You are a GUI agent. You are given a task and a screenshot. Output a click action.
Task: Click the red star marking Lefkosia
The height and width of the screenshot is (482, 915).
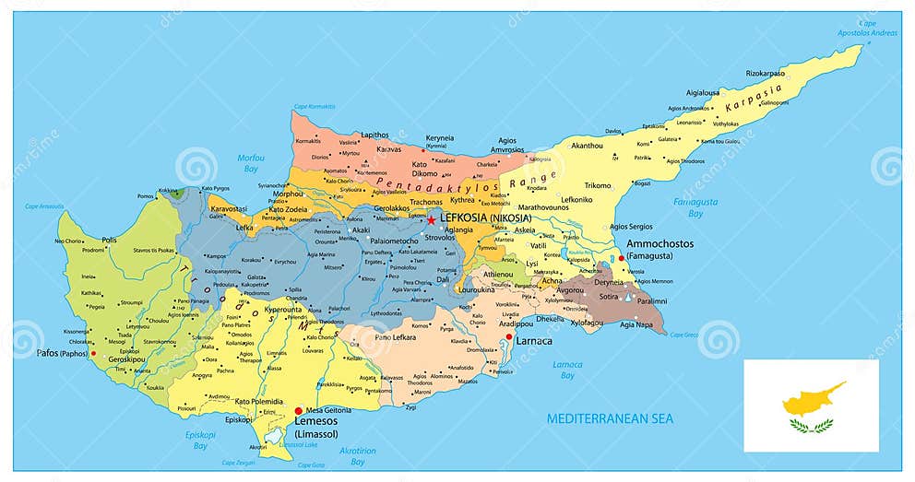coord(431,219)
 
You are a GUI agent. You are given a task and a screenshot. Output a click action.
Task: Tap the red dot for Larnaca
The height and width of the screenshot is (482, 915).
coord(508,339)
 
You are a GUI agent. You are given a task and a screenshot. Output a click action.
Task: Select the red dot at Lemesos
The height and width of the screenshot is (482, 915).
coord(297,411)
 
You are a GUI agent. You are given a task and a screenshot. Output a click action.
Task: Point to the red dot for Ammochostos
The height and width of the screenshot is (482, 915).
coord(621,258)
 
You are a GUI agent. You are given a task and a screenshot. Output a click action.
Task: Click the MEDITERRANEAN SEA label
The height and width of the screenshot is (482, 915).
coord(610,418)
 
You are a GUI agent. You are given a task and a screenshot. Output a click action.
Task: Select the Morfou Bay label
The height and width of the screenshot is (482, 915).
coord(251,163)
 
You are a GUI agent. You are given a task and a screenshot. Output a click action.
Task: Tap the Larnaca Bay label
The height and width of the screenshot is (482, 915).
coord(567,370)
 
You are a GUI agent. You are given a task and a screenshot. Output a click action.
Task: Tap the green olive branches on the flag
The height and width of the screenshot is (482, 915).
coord(811,425)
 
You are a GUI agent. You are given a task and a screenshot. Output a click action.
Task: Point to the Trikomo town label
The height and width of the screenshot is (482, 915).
coord(598,185)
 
